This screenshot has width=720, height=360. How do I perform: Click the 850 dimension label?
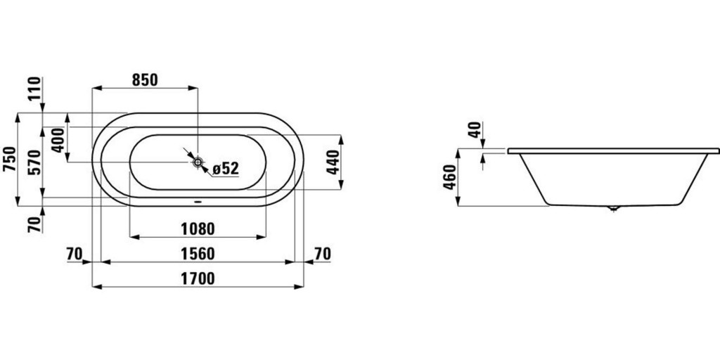pos(145,80)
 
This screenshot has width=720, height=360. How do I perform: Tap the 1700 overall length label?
pos(198,278)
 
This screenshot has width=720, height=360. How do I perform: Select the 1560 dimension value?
pos(198,253)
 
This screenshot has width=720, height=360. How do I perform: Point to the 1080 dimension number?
pos(198,229)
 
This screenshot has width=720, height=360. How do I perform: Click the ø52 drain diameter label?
pos(226,169)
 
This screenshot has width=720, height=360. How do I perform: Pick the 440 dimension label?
pos(333,162)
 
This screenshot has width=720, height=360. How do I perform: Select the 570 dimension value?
pos(35,162)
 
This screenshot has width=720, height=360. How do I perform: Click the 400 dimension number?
pos(59,141)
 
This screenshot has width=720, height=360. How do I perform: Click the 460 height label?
pos(450,176)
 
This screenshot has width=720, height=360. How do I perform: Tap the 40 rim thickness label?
pos(476,130)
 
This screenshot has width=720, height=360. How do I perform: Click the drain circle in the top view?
pos(198,162)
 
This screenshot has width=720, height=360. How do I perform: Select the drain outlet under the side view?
pos(613,208)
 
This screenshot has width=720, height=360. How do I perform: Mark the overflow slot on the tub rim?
pos(198,200)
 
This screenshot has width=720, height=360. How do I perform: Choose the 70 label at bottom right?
pos(322,253)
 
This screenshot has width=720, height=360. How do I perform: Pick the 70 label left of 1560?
pos(74,253)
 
